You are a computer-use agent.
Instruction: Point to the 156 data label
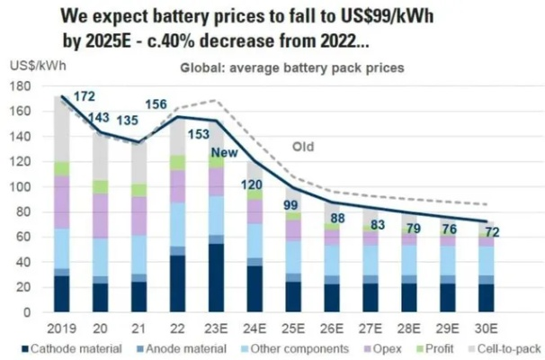coord(181,103)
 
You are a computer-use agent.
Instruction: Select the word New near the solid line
coord(223,152)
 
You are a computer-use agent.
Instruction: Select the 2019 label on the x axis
coord(62,328)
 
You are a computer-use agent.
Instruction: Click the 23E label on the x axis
coord(217,328)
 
